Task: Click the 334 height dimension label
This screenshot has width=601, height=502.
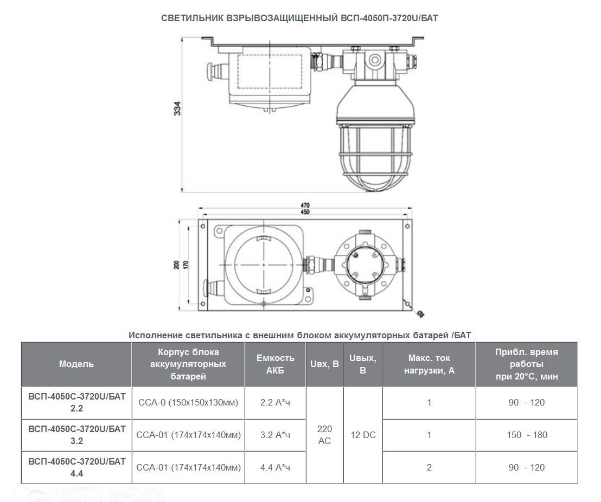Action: (x=177, y=109)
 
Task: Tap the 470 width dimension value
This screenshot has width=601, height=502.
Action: (x=305, y=205)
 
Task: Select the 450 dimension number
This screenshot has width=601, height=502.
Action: (x=305, y=212)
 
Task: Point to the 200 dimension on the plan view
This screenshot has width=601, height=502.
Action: (x=177, y=265)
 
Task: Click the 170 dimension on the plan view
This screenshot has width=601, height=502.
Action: (x=186, y=265)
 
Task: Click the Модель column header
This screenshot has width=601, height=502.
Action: (x=76, y=364)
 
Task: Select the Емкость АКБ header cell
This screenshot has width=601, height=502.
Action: (x=275, y=364)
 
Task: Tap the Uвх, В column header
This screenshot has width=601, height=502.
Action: (x=325, y=364)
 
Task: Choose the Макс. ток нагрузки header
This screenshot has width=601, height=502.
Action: (x=429, y=364)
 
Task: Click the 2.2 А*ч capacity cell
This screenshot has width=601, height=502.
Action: (x=275, y=402)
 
